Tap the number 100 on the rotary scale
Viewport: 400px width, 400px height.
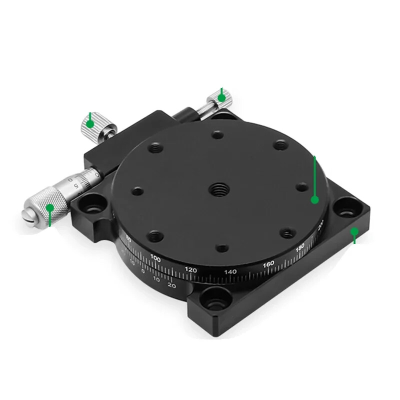tap(155, 258)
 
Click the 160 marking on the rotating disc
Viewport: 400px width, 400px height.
tap(268, 263)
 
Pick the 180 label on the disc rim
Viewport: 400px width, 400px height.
tap(300, 247)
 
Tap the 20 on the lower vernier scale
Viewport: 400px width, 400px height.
tap(171, 285)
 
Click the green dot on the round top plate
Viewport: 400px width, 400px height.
tap(314, 199)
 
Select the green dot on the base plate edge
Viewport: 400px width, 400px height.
tap(354, 231)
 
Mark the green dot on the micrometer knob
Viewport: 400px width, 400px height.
tap(49, 206)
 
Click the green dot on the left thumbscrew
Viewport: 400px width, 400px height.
tap(89, 123)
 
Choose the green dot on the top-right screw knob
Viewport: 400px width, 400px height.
tap(221, 97)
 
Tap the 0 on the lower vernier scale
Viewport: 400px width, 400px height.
tap(143, 271)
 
